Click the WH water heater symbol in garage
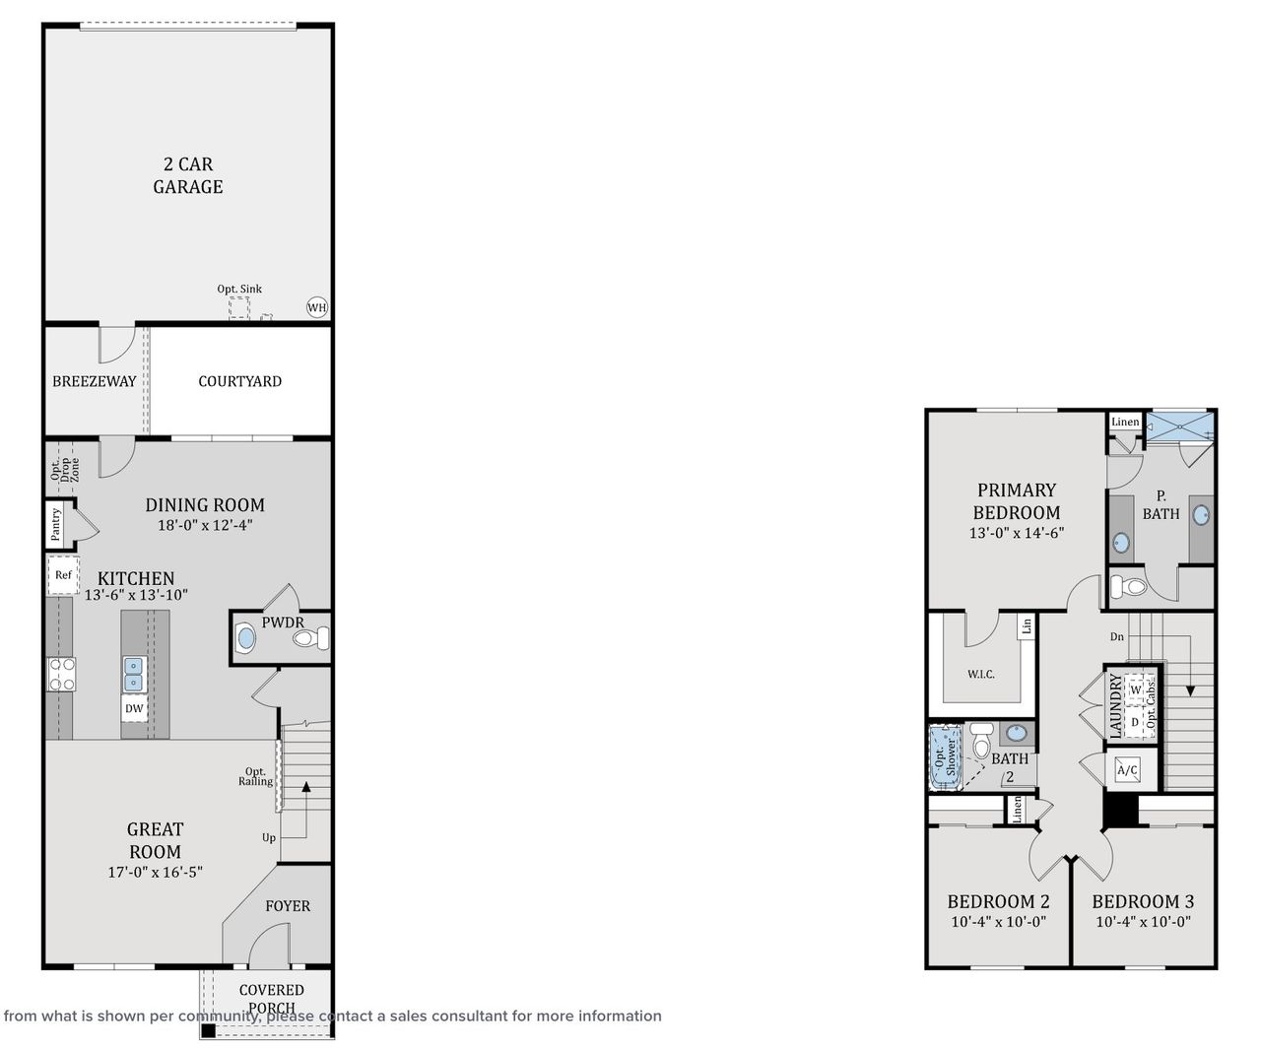(x=316, y=307)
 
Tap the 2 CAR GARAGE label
(x=187, y=175)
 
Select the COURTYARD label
(x=239, y=381)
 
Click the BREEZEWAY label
(x=94, y=381)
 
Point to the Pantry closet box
(x=57, y=524)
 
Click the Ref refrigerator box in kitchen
(x=62, y=575)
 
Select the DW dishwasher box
(x=134, y=708)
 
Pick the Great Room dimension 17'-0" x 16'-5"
(x=155, y=872)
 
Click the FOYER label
(x=287, y=906)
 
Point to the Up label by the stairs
(x=268, y=838)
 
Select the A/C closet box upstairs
(x=1127, y=769)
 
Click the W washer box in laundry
(x=1136, y=689)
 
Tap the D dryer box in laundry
(x=1135, y=722)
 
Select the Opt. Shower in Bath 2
(x=946, y=758)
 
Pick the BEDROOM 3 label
(x=1143, y=901)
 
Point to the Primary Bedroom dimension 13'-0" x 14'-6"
(x=1016, y=533)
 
